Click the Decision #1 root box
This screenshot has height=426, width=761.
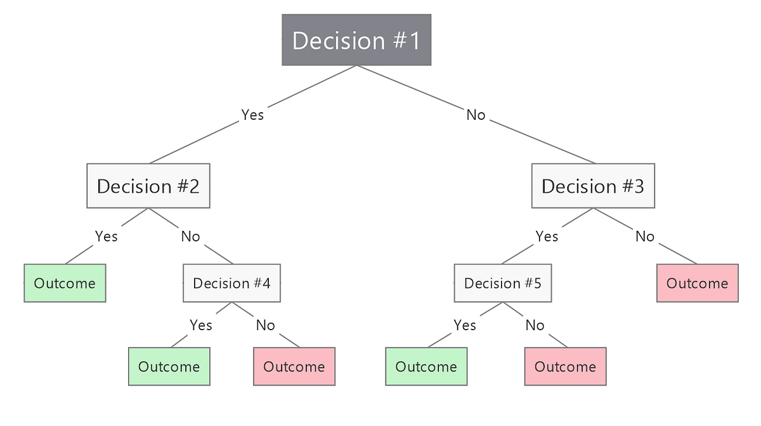(x=356, y=40)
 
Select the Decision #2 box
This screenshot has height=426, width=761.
(x=148, y=186)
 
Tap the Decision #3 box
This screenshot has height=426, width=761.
(x=593, y=186)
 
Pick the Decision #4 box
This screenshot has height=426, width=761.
(x=231, y=283)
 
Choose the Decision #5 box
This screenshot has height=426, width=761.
(x=503, y=283)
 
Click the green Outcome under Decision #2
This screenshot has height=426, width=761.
(x=65, y=283)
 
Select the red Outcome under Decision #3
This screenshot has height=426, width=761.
(x=698, y=283)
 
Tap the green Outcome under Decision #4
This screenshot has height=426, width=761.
(x=169, y=366)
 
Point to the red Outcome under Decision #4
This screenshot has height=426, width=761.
(x=294, y=366)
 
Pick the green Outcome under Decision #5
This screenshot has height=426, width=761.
(x=426, y=366)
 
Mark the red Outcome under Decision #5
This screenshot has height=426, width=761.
(x=565, y=366)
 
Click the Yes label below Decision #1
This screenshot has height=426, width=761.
(x=252, y=115)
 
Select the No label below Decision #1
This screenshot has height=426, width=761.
(x=476, y=115)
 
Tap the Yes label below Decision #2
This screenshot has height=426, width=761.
(x=106, y=236)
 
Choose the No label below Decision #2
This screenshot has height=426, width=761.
(x=190, y=236)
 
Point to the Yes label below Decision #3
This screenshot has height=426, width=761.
(x=547, y=236)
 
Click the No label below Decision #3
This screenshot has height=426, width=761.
(x=644, y=236)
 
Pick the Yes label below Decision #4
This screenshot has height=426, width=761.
(x=200, y=325)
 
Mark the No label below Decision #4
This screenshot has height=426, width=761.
(x=265, y=325)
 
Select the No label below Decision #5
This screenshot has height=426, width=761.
(x=535, y=325)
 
